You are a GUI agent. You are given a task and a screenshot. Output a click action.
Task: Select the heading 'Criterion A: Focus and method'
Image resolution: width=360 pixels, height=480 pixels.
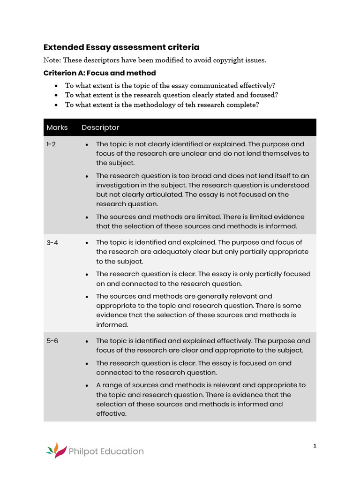point(99,73)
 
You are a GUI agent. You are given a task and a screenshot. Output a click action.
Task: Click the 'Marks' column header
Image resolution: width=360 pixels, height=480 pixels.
point(57,127)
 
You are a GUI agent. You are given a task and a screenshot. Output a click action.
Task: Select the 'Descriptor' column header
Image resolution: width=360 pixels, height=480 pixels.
point(100,127)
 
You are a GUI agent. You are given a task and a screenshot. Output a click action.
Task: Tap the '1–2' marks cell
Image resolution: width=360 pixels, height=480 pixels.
point(51,144)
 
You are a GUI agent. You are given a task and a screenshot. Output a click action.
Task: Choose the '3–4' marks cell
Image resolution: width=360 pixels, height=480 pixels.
point(52,242)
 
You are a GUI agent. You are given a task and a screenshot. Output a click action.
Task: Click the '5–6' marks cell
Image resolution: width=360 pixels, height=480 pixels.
point(52,341)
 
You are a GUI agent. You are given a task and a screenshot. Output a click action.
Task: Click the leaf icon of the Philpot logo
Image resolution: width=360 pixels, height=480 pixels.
point(55,450)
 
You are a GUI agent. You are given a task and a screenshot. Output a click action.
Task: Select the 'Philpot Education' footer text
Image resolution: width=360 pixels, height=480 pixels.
point(106,451)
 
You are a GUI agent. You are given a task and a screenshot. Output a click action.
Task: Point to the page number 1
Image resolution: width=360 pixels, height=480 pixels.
point(315,446)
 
